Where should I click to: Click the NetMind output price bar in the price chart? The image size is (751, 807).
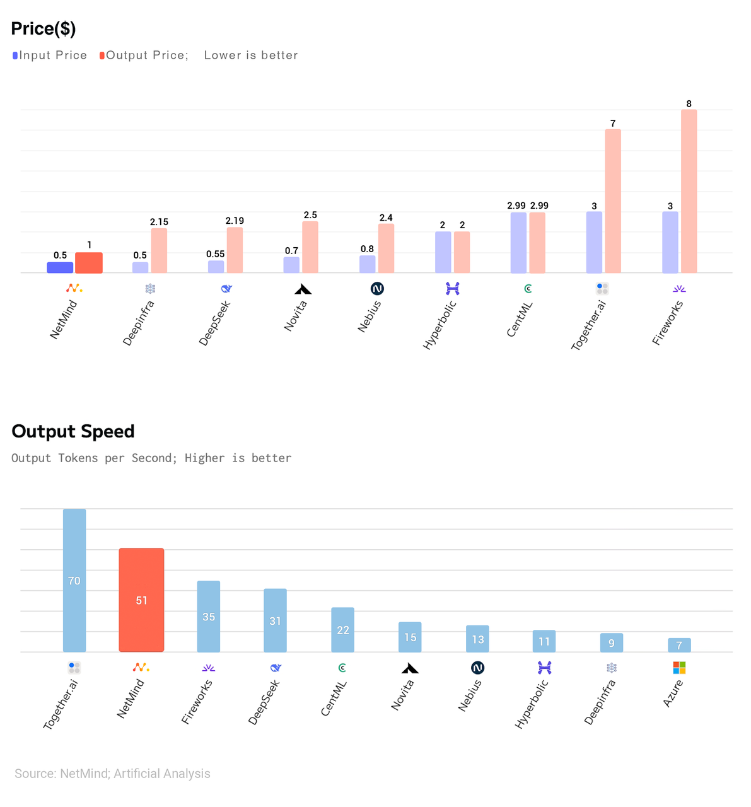[89, 263]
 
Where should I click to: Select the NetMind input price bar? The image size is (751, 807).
[60, 267]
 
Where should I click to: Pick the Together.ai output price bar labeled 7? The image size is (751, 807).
[613, 201]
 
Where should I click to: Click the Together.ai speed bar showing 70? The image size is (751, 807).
[74, 580]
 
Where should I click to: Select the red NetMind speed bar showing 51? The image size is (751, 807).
[141, 600]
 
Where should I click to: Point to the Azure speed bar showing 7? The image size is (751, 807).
[679, 645]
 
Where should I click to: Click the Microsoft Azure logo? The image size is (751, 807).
[679, 668]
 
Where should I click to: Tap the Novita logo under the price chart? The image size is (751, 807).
[303, 289]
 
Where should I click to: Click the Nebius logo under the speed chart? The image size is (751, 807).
[477, 668]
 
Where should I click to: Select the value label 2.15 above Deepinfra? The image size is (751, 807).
[159, 222]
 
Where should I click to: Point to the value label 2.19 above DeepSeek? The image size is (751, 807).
[235, 221]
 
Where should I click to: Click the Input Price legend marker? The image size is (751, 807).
[15, 55]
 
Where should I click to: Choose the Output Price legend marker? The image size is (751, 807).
[102, 55]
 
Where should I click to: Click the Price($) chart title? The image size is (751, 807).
[44, 29]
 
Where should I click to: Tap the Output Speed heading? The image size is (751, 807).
[73, 431]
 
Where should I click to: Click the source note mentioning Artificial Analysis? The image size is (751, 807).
[112, 774]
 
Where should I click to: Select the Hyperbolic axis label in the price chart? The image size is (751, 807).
[440, 325]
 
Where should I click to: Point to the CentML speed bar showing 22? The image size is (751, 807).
[342, 630]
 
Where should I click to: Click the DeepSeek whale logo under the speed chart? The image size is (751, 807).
[276, 668]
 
